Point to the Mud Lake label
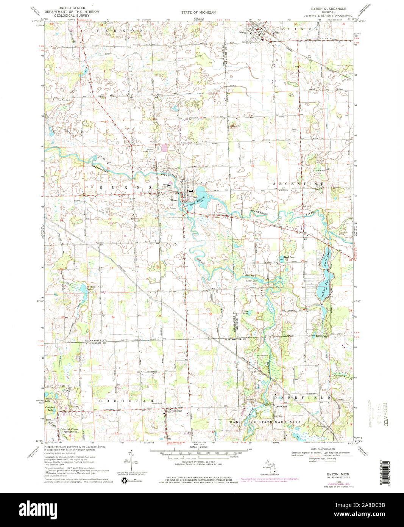tap(289, 257)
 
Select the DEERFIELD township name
tap(303, 397)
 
